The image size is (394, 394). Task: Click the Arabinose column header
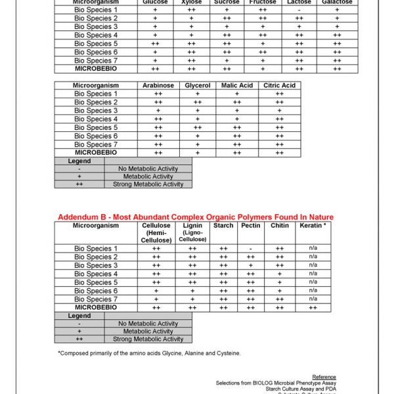158,85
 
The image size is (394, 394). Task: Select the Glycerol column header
198,85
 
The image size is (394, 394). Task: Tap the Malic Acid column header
237,85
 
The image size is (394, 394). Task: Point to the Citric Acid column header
280,85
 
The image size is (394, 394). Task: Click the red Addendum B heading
196,217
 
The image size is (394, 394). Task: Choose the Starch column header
223,226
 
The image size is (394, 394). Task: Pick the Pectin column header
251,226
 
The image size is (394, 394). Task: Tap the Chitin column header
280,226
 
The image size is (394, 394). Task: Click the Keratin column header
313,226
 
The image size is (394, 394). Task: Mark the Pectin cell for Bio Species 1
251,249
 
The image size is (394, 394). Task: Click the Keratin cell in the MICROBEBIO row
313,307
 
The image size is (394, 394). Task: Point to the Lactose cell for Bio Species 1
299,10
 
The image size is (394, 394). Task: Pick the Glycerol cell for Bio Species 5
198,127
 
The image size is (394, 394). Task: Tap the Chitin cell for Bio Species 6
280,291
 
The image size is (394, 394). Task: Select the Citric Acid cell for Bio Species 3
280,110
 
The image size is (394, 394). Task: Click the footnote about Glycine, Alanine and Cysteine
149,353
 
